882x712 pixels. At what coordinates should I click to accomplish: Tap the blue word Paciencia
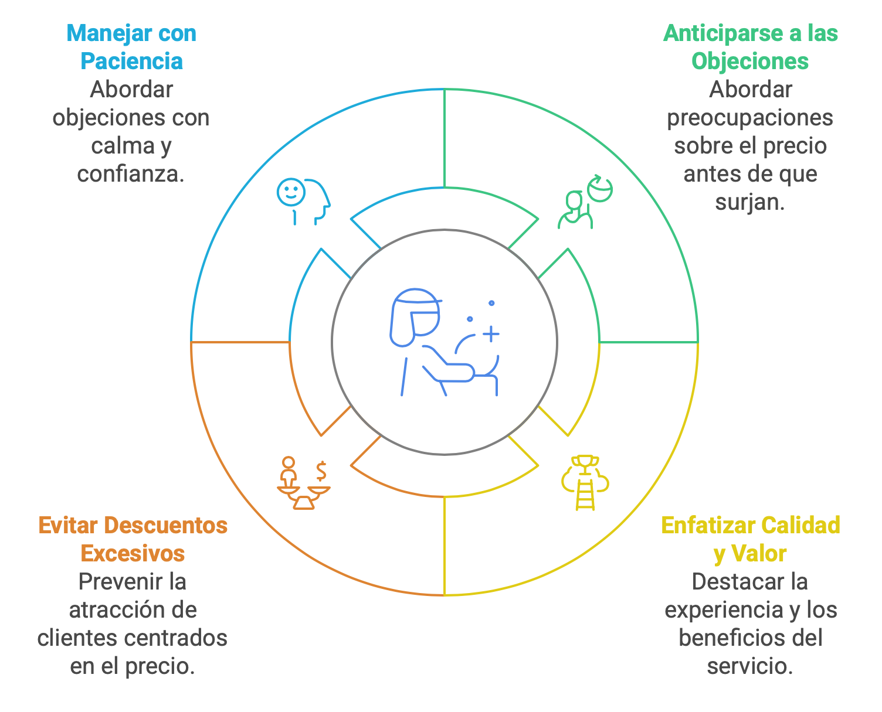click(x=132, y=61)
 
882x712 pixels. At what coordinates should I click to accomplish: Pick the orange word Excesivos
click(x=133, y=554)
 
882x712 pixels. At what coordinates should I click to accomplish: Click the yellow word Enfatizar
click(x=708, y=526)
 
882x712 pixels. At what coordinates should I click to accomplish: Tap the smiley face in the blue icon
click(x=291, y=192)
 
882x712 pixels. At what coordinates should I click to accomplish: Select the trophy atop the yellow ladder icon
click(x=585, y=464)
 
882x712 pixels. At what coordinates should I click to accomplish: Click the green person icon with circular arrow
click(x=585, y=202)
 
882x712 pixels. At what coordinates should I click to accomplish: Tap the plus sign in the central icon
click(x=491, y=334)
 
